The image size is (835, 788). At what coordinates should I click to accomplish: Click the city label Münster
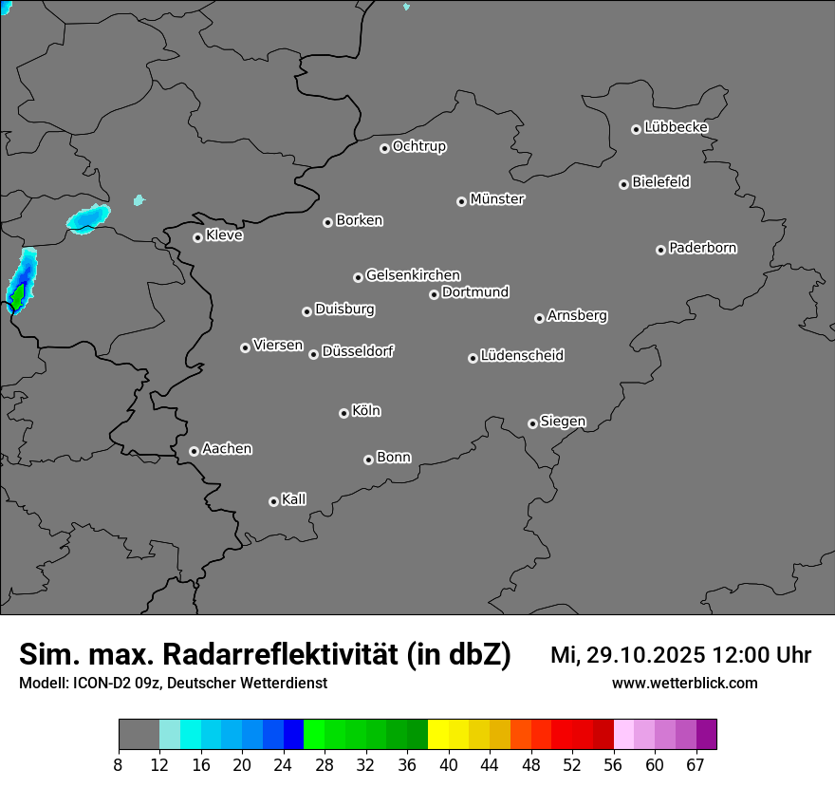pos(497,199)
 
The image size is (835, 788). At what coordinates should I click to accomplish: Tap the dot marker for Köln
pos(343,413)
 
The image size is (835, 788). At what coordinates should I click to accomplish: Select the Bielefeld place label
pos(660,182)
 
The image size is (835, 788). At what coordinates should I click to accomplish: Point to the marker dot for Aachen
pos(194,451)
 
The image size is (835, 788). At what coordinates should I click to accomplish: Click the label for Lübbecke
pos(676,127)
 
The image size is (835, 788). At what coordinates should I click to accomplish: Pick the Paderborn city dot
pos(660,250)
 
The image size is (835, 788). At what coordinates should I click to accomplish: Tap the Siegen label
pos(563,422)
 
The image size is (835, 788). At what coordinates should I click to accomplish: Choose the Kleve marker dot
pos(197,237)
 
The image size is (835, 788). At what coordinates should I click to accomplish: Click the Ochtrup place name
pos(419,146)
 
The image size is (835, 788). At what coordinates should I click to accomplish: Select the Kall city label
pos(294,499)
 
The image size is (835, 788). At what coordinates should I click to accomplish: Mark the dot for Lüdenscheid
pos(473,358)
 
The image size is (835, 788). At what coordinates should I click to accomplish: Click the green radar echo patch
pos(16,295)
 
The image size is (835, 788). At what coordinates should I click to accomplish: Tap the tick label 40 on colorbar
pos(448,764)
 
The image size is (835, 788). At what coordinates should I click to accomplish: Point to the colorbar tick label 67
pos(696,764)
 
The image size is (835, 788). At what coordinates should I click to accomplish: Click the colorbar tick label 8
pos(119,764)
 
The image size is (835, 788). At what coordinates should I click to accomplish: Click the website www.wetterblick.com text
pos(684,683)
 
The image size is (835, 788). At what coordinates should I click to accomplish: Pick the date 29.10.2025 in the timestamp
pos(642,655)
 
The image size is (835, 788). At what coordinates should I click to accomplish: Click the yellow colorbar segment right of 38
pos(437,735)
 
